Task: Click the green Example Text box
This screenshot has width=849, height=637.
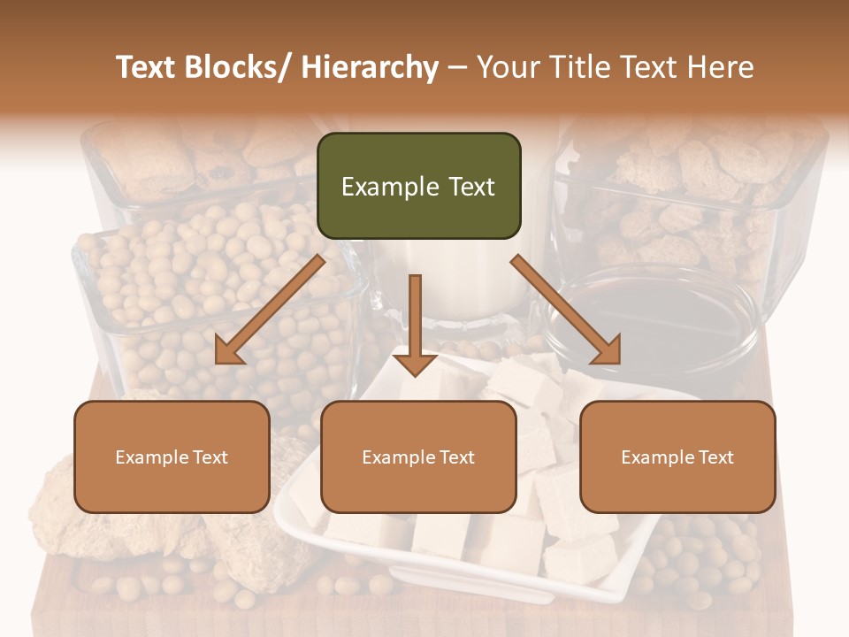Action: click(418, 186)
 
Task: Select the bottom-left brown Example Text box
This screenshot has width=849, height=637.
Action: click(172, 457)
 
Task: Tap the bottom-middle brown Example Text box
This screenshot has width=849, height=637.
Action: click(418, 457)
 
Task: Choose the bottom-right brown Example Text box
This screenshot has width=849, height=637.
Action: click(677, 457)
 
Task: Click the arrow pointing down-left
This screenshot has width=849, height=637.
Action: click(270, 310)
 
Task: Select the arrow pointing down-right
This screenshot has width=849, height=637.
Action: click(566, 310)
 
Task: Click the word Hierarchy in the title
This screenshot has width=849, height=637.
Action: click(370, 67)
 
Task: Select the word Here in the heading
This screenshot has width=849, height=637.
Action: click(723, 67)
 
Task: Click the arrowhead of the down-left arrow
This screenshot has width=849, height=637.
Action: click(227, 351)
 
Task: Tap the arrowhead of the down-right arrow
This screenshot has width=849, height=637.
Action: click(608, 351)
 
